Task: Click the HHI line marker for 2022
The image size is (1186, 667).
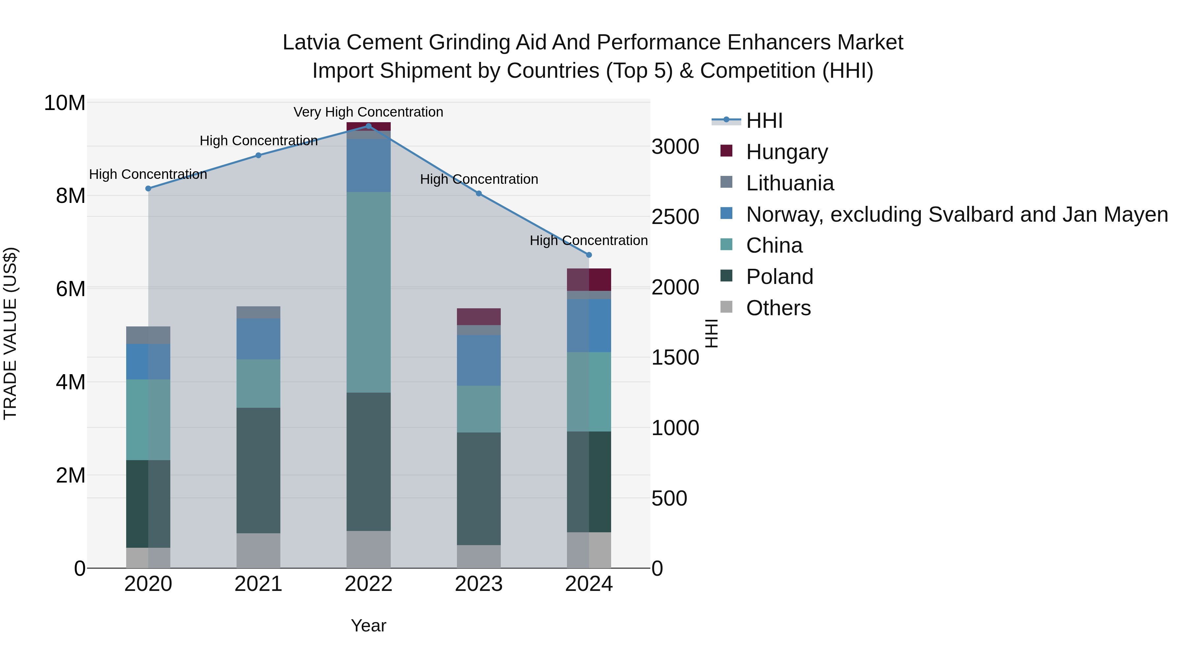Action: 368,126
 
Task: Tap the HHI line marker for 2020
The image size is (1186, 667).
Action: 148,188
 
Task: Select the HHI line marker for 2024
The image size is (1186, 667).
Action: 588,255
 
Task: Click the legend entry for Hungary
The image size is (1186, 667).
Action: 786,152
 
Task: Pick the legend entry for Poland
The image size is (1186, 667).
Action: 779,277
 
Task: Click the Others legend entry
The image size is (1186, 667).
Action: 778,308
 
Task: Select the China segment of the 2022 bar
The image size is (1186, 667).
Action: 368,292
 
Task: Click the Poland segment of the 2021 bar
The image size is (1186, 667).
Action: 258,470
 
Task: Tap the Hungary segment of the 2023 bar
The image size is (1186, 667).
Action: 478,317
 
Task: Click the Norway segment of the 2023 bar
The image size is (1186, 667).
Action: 478,360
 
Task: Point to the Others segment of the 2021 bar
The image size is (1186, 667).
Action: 258,550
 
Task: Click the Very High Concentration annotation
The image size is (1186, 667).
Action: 368,112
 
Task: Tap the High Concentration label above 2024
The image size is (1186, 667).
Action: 588,241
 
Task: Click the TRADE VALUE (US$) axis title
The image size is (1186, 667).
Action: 10,333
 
